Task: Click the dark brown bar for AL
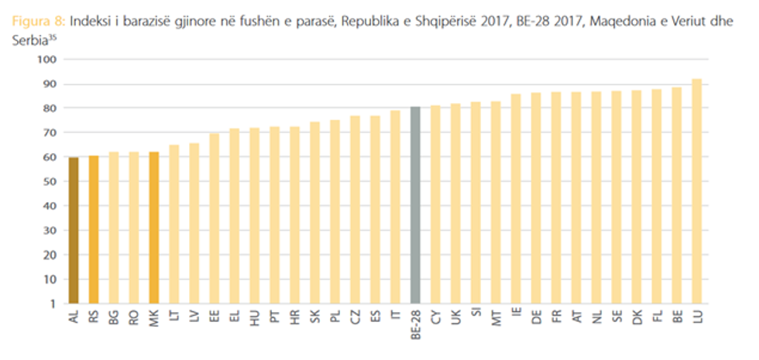click(x=74, y=230)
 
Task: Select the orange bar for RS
click(x=94, y=229)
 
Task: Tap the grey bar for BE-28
click(x=415, y=204)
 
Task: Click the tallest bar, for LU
click(x=696, y=190)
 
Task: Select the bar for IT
click(x=395, y=207)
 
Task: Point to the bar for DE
click(x=536, y=197)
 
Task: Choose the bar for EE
click(x=215, y=218)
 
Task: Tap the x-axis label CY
click(x=435, y=317)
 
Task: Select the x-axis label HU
click(x=255, y=318)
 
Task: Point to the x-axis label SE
click(x=616, y=317)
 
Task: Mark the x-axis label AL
click(x=74, y=317)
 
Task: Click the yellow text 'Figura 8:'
click(x=36, y=24)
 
